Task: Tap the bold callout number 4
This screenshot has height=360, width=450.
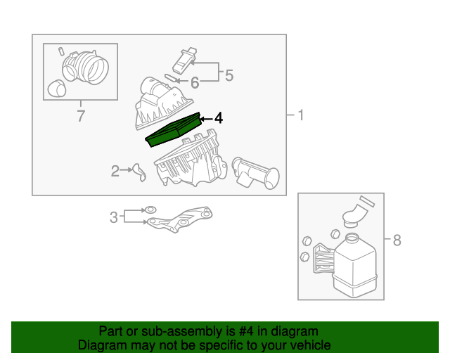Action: [x=219, y=118]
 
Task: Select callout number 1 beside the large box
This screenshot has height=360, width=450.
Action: [x=300, y=115]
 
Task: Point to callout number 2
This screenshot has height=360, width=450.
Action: [x=115, y=171]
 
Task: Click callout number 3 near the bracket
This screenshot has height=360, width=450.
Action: [x=114, y=217]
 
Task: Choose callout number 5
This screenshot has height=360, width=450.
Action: [x=229, y=75]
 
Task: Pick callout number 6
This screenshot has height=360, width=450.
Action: [x=195, y=83]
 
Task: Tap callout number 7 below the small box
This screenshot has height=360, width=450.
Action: [x=81, y=116]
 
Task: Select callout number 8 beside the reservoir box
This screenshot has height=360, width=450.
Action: [x=397, y=240]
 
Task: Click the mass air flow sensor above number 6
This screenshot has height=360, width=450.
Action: [x=184, y=61]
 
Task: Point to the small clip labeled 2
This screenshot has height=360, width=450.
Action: [x=140, y=173]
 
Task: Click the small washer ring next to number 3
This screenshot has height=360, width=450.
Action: [x=150, y=210]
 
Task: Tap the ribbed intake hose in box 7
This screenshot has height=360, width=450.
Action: [x=86, y=67]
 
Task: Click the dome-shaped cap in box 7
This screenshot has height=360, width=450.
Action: [x=56, y=89]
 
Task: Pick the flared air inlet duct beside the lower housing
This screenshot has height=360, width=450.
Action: [x=255, y=173]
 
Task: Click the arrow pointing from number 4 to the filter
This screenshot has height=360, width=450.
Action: [x=207, y=119]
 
